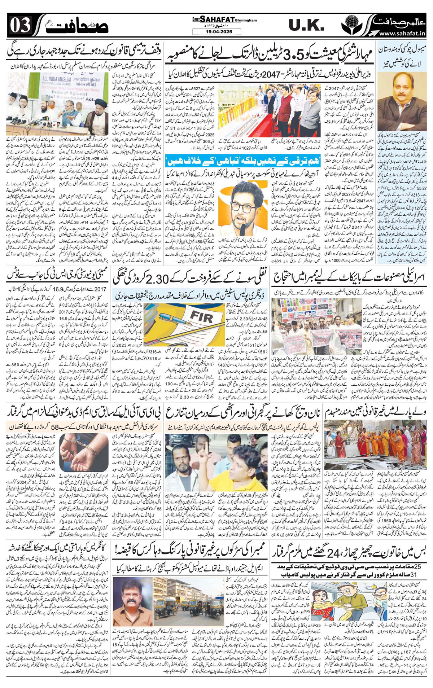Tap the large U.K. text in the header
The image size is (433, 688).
coord(306,25)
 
